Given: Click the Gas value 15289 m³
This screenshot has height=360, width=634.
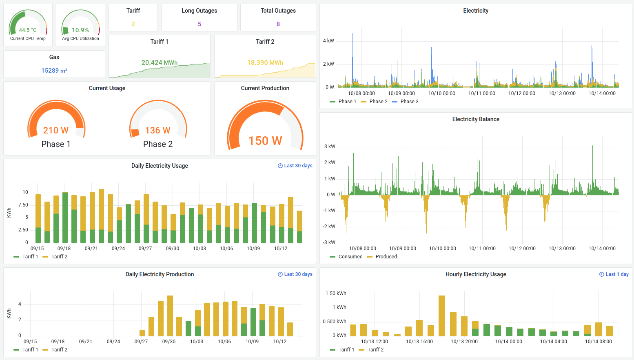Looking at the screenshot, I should [54, 71].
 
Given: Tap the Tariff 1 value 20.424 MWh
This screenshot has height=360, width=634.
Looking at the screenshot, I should [159, 62].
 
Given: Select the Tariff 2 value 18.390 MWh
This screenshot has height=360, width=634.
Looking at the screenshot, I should [265, 62].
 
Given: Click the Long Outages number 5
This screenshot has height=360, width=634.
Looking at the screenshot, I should [200, 24].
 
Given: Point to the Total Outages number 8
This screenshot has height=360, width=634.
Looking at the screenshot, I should [278, 24].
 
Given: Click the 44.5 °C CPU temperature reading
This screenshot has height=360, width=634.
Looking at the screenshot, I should [28, 30].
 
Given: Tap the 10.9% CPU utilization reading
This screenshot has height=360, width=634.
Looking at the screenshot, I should [80, 30].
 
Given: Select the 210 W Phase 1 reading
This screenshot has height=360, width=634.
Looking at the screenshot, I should [56, 130].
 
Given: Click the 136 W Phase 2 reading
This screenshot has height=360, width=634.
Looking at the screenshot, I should [158, 130].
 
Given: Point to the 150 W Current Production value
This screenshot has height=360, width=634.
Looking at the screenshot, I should [265, 141].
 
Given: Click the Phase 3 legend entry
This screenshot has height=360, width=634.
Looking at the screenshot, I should [409, 102].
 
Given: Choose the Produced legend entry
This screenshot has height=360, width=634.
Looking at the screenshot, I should [386, 257].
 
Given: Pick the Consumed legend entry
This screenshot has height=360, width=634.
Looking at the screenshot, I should [350, 257].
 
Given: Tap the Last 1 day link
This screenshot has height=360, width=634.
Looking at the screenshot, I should [614, 274].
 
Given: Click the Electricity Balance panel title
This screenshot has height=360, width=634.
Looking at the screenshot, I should [476, 119].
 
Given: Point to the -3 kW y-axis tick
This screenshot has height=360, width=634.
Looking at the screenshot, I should [329, 242].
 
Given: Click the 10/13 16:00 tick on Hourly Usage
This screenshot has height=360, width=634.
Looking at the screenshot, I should [419, 342].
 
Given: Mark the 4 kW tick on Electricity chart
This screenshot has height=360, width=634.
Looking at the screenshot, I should [328, 41].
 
